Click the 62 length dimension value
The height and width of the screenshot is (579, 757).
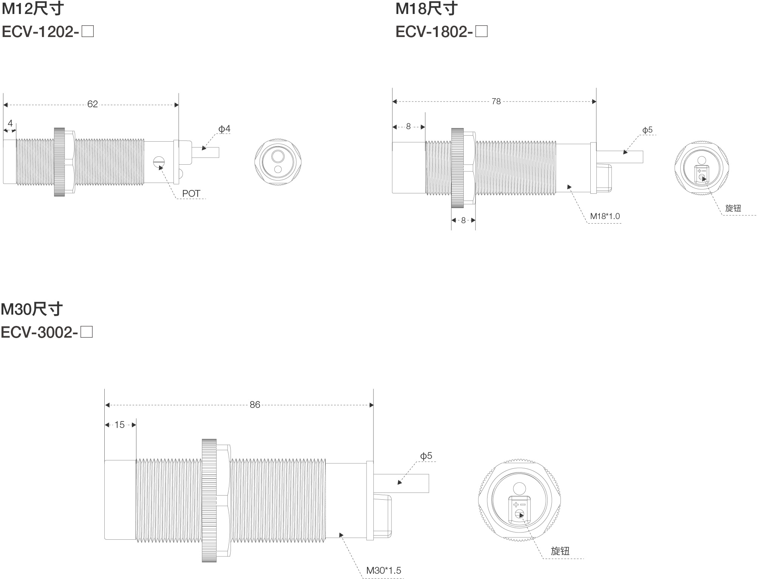tap(93, 104)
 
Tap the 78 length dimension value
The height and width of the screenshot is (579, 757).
tap(496, 101)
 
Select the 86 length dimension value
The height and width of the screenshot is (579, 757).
tap(255, 405)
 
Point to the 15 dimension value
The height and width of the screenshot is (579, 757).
tap(119, 425)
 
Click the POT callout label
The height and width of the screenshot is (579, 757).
tap(191, 193)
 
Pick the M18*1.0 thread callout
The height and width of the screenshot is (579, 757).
tap(605, 216)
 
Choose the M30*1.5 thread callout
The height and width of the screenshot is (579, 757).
tap(384, 570)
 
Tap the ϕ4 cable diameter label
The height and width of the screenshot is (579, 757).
tap(224, 129)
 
